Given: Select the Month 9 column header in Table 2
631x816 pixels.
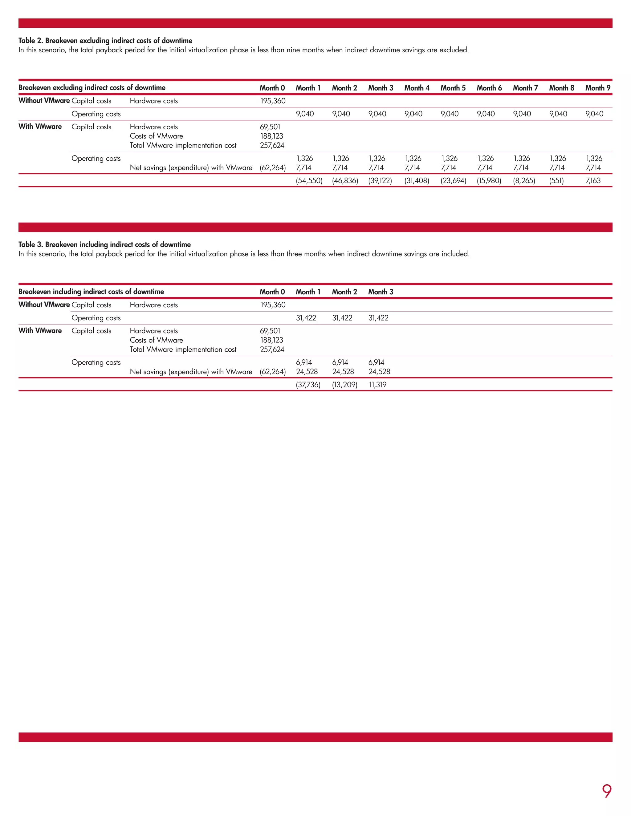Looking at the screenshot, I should [597, 88].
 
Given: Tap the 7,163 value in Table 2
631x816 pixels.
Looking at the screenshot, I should [593, 180].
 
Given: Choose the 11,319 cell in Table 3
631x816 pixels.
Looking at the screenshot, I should [377, 385].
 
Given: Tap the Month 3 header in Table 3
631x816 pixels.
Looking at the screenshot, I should [381, 292].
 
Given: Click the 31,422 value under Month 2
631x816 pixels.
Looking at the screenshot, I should [342, 318].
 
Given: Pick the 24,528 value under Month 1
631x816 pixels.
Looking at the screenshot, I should [307, 371].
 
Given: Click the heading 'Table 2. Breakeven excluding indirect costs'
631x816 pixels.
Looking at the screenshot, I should [105, 40].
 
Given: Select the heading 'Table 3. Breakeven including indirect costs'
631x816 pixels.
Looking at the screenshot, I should [105, 244].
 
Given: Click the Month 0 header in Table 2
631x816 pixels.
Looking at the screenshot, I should [272, 88].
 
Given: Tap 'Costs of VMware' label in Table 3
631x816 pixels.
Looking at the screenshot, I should [156, 340].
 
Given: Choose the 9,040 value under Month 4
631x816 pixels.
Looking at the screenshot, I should [413, 114].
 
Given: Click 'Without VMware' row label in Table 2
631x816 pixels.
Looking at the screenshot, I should [44, 100].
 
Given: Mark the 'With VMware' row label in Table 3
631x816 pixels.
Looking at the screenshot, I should [40, 331].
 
